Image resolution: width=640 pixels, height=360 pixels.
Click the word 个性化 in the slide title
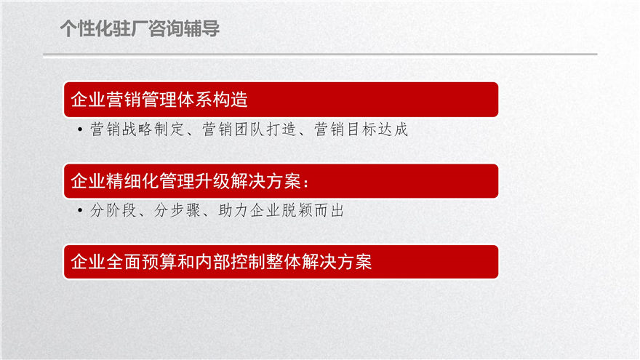(x=87, y=28)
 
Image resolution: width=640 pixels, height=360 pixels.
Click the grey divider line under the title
(x=320, y=54)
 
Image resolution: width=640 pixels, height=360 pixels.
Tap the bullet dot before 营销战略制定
(x=80, y=129)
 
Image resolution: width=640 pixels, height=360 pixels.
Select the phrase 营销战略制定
(x=137, y=129)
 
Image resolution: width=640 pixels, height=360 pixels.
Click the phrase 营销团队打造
(x=249, y=129)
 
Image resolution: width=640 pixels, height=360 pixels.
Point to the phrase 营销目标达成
(x=361, y=129)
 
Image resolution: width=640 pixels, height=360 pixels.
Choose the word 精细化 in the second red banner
(x=132, y=181)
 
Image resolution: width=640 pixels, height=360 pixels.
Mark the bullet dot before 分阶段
(x=80, y=211)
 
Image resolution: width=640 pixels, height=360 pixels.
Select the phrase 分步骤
(x=177, y=210)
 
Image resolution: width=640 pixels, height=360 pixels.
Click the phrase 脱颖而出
(x=313, y=210)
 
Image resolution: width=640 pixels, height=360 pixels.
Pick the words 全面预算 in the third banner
(x=141, y=262)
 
